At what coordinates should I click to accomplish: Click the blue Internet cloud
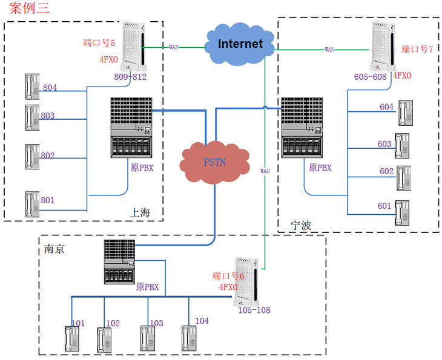point(240,44)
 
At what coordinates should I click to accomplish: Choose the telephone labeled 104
point(190,339)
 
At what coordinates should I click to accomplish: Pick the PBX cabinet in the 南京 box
point(119,261)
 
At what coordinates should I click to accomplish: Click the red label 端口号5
point(99,42)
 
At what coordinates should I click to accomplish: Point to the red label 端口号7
point(418,49)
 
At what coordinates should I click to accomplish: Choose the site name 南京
point(55,248)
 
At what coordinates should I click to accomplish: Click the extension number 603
point(384,144)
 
